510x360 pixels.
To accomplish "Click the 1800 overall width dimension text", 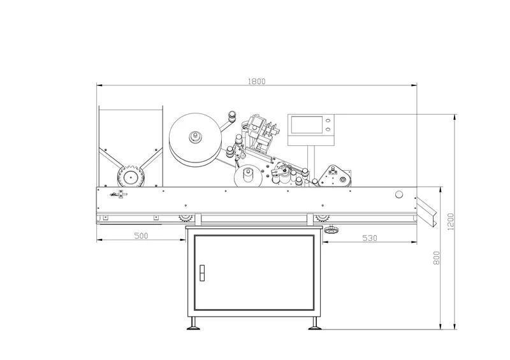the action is pos(257,82).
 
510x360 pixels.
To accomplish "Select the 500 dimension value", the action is pos(141,236).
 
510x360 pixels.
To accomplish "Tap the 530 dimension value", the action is pos(370,238).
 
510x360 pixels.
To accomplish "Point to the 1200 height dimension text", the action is pos(451,222).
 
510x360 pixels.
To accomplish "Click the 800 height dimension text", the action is pos(437,258).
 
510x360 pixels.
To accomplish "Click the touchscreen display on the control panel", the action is pos(307,125).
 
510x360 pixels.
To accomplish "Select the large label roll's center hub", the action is pos(196,136).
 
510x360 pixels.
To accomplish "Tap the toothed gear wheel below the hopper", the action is pos(131,177).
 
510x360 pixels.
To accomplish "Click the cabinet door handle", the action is pos(202,273).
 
